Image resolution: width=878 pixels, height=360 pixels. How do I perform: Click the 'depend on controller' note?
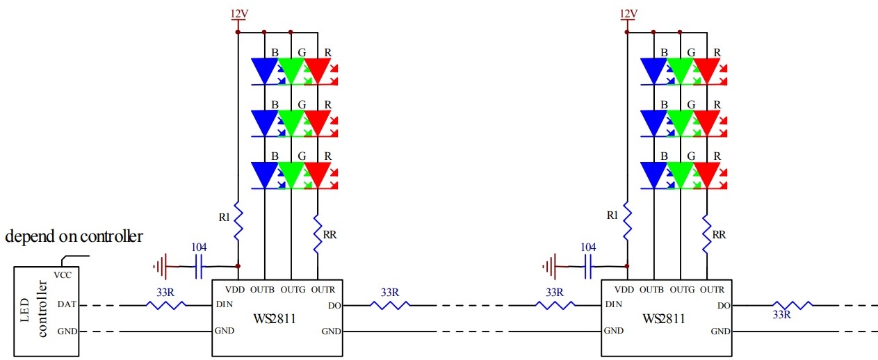74,236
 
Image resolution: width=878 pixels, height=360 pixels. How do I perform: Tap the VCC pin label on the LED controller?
63,275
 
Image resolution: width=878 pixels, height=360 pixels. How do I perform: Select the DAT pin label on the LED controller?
67,304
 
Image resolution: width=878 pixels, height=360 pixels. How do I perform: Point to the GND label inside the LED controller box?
67,332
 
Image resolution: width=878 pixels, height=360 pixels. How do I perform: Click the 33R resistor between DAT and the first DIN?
166,305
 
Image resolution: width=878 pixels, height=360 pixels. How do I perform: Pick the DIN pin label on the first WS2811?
225,304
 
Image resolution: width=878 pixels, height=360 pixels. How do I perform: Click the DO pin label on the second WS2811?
724,306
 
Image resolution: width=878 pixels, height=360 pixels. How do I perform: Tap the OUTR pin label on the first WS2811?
323,290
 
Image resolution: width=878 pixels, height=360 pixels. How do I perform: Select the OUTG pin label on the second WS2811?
682,290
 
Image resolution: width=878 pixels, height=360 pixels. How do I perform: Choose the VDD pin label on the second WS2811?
624,290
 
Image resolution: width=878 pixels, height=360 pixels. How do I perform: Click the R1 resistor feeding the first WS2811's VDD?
238,221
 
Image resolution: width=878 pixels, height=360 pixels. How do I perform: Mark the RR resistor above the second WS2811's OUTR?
706,234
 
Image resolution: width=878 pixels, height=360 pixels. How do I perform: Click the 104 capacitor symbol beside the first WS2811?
199,266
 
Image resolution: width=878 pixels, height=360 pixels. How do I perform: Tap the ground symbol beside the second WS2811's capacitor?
551,267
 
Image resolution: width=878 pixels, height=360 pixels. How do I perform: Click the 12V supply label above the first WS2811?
238,14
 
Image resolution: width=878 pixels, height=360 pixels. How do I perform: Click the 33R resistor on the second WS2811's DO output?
792,305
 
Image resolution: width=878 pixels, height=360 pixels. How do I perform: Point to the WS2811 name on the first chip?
275,318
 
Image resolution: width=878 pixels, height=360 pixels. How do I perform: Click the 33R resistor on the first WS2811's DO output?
390,305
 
